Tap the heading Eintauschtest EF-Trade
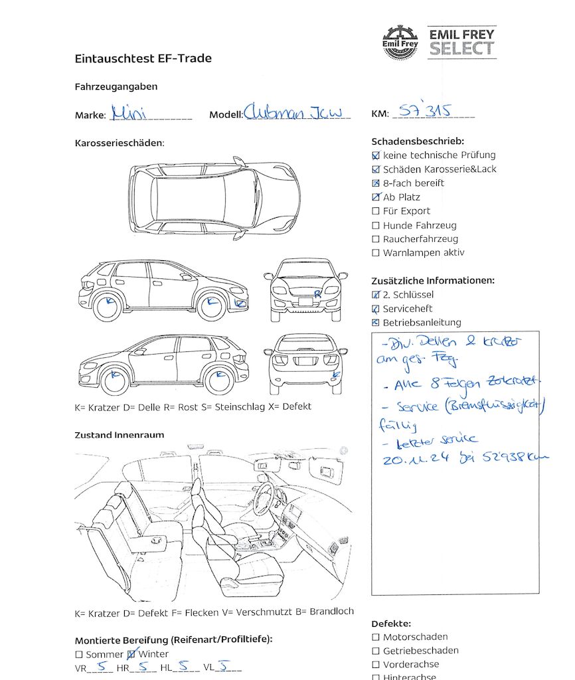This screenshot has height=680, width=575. (143, 58)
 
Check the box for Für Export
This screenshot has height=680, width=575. (376, 211)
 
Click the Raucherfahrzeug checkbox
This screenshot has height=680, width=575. (376, 239)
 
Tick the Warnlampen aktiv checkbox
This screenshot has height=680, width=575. (376, 253)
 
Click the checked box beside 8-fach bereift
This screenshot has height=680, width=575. (376, 183)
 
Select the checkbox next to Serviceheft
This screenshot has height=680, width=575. (376, 309)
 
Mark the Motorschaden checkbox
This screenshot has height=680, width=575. (376, 637)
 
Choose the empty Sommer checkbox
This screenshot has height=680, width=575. (79, 655)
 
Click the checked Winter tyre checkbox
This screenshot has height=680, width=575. (131, 654)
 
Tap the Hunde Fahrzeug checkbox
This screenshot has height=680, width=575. (376, 226)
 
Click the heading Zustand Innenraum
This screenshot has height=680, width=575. (120, 435)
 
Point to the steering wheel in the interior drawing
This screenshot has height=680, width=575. (264, 496)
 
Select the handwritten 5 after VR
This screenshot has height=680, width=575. (101, 667)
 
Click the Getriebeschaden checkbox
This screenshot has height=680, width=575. (376, 651)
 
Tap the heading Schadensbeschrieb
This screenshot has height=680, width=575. (418, 141)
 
